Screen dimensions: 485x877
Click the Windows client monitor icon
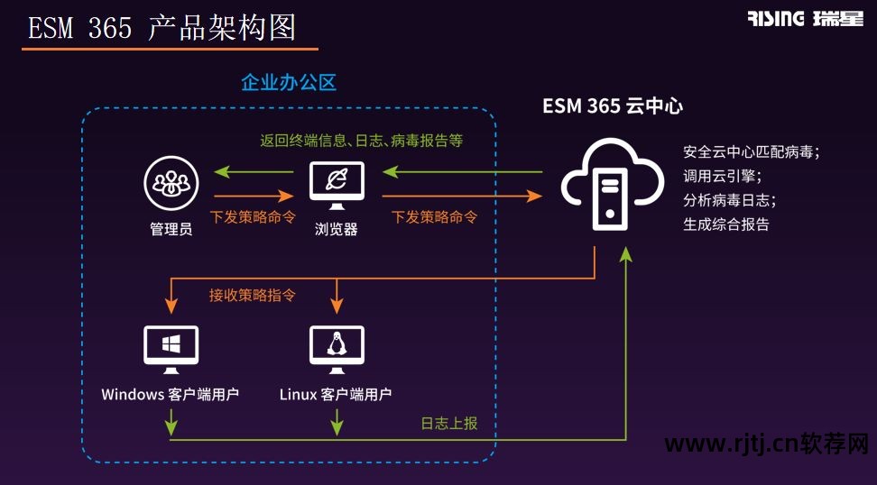pos(171,349)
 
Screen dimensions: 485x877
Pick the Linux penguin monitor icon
pos(337,349)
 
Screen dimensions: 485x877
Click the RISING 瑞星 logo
pos(805,19)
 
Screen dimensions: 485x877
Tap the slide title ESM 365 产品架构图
pos(162,29)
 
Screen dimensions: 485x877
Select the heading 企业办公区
pos(289,83)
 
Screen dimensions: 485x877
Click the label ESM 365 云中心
pos(612,105)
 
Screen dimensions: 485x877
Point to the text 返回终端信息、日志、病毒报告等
pos(361,141)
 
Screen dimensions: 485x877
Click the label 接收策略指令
pos(253,295)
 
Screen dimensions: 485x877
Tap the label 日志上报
pos(449,423)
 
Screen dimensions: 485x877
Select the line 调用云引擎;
pos(722,176)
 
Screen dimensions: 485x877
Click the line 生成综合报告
pos(726,224)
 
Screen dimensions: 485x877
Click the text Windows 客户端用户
pos(170,394)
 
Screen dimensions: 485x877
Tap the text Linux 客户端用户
pos(336,394)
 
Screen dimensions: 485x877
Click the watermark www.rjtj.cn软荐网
pos(766,444)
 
